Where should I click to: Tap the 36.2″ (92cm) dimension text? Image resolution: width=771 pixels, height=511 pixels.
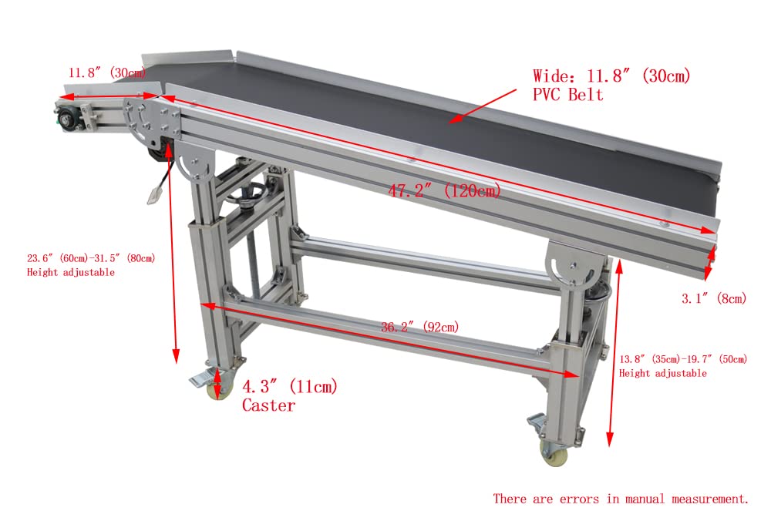tap(419, 327)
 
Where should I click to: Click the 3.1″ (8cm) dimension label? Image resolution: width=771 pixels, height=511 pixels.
tap(714, 298)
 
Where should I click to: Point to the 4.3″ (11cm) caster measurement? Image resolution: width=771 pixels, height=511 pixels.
tap(290, 387)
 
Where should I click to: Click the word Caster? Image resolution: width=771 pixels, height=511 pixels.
tap(268, 405)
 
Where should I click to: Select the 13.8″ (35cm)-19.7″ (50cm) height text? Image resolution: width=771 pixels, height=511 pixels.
tap(683, 359)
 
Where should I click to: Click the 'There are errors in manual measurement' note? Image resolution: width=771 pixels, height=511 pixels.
tap(621, 499)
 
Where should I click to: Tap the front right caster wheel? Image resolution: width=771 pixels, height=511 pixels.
tap(554, 454)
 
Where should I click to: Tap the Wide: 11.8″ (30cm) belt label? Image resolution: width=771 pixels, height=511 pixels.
tap(611, 76)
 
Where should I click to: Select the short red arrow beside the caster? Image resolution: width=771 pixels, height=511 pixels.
tap(217, 383)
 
